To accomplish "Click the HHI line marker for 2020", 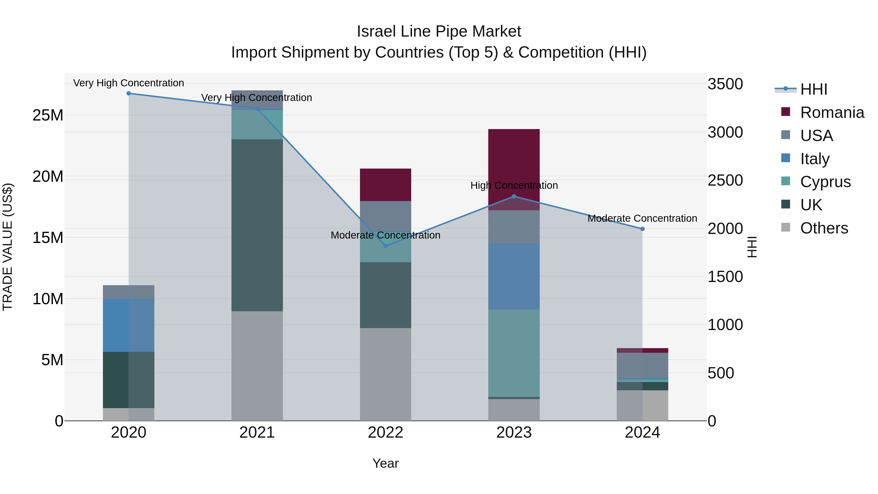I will [x=129, y=93].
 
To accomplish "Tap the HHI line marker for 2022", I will [x=386, y=246].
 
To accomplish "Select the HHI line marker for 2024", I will [x=642, y=229].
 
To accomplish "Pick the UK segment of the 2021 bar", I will [x=257, y=225].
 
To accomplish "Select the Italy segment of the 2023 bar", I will [x=514, y=276].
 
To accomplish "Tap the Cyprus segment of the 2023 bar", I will [x=514, y=353].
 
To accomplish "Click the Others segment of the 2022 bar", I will [x=386, y=374].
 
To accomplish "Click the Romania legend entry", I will [x=832, y=112].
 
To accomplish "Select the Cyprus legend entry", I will [x=825, y=182].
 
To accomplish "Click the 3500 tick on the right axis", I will [x=725, y=84].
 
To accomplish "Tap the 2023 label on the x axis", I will [x=514, y=433].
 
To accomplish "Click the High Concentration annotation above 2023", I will [x=514, y=185].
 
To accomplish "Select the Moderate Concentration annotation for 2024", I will [x=642, y=218].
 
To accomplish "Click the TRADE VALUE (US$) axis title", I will [x=8, y=247].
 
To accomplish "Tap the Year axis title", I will [x=386, y=463].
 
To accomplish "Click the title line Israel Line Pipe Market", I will [x=439, y=32].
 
